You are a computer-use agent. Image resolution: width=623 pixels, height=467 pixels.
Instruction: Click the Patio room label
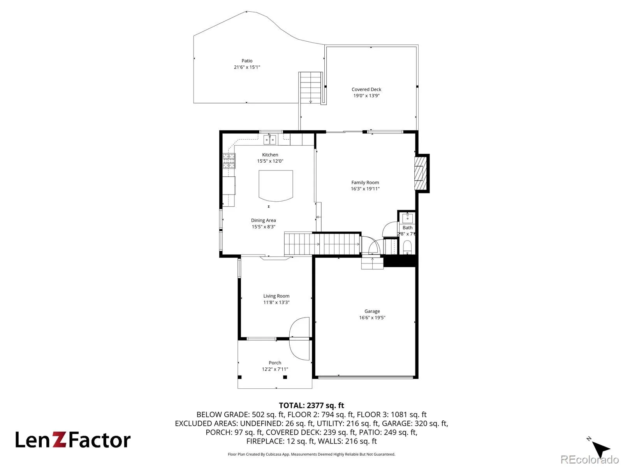click(246, 61)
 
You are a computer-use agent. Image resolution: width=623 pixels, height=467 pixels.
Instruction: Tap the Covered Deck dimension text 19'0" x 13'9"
click(366, 96)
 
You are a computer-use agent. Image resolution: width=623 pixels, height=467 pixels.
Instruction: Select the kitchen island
click(275, 186)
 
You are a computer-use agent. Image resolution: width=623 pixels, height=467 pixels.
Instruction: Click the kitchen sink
click(269, 140)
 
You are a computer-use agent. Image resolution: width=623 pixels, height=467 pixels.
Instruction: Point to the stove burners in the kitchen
click(229, 161)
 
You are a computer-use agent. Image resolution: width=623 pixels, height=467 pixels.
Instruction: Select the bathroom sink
click(407, 218)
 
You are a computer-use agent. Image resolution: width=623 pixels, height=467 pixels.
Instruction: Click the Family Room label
click(365, 182)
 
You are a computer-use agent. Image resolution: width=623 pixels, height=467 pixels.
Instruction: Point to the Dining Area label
click(263, 220)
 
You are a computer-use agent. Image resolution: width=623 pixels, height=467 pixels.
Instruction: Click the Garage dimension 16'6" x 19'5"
click(372, 318)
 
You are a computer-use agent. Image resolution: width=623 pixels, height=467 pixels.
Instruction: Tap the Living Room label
click(276, 296)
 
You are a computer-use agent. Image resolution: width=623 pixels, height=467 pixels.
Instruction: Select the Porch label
click(275, 363)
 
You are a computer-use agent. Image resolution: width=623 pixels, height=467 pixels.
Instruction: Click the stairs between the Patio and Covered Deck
click(310, 88)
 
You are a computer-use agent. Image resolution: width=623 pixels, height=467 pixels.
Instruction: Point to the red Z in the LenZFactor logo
click(60, 439)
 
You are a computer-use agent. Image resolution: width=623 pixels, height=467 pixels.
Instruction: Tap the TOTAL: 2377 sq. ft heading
click(311, 406)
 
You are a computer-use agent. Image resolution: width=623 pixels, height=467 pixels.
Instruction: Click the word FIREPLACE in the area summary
click(265, 441)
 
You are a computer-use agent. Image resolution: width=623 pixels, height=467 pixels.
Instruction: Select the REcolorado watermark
click(590, 459)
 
